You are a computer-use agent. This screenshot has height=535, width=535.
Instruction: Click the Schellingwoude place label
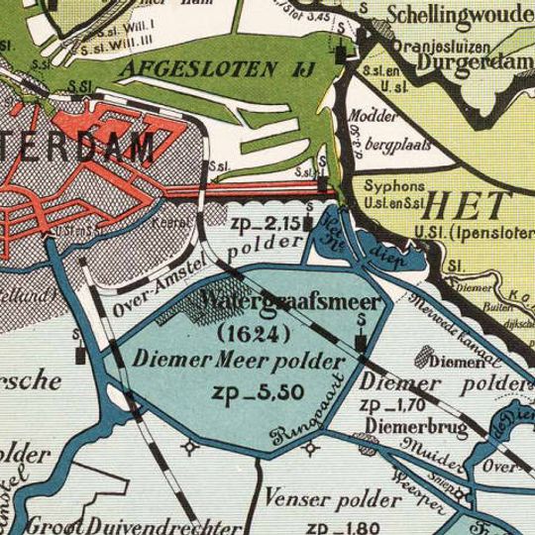point(459,15)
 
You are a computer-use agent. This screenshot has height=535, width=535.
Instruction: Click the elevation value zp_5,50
point(257,391)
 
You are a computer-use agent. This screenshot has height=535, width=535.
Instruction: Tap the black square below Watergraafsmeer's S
point(361,342)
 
